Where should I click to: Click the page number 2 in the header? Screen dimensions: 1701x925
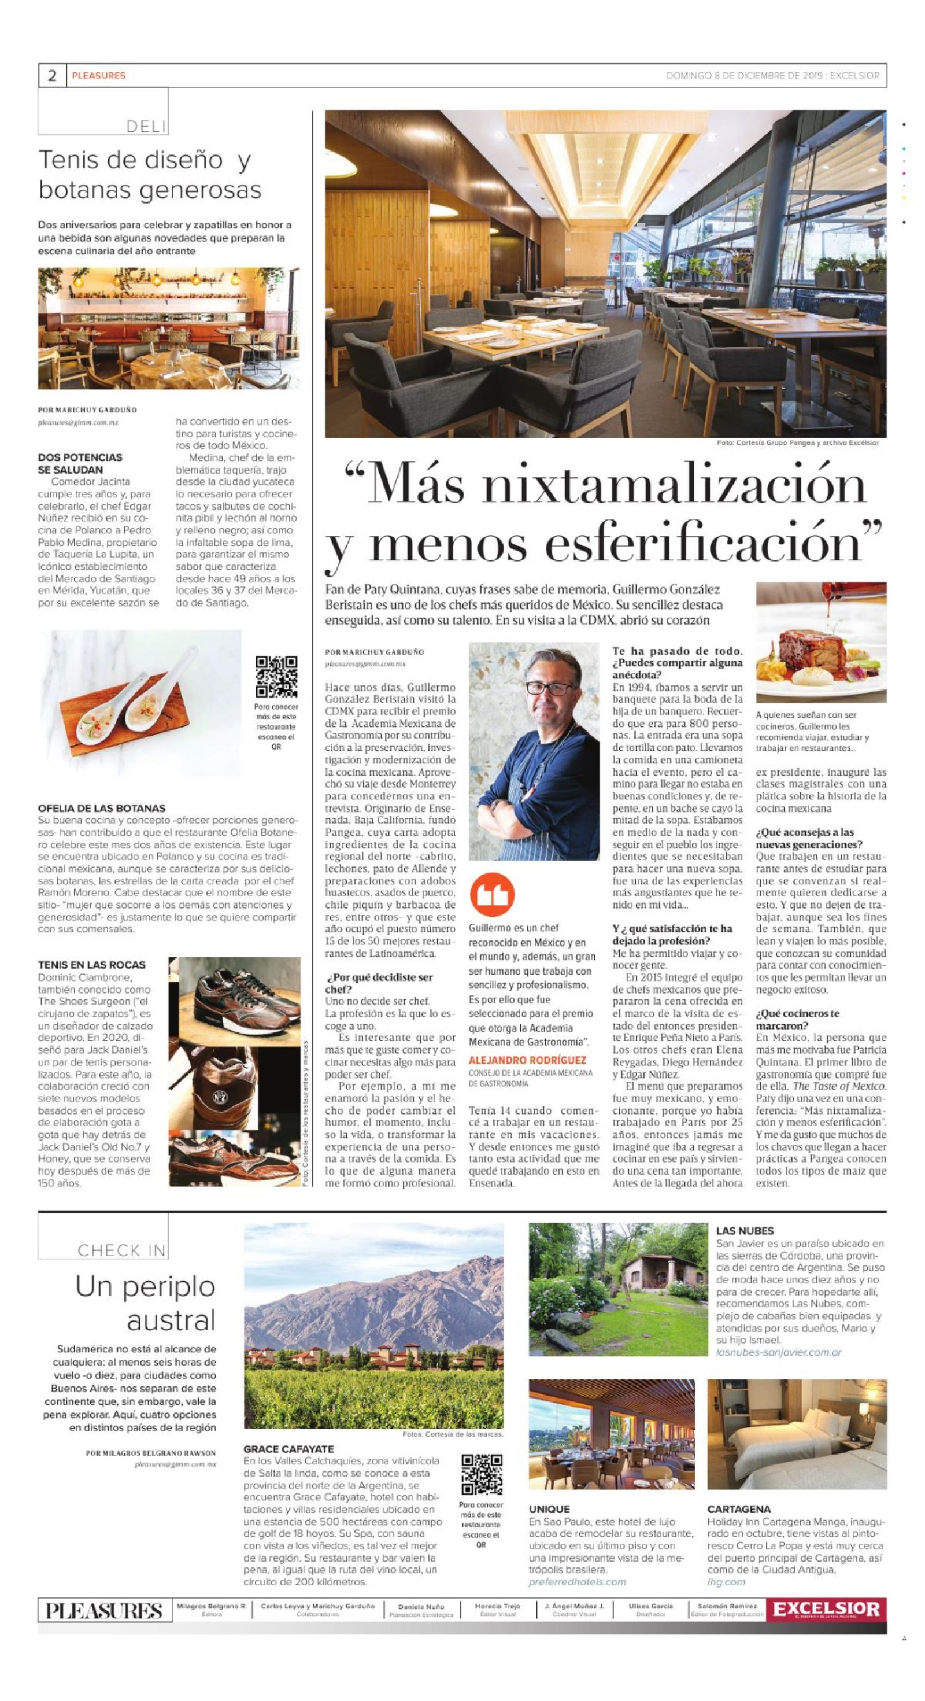(52, 75)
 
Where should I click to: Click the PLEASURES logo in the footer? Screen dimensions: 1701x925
(104, 1611)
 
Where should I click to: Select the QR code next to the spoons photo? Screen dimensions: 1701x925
(276, 677)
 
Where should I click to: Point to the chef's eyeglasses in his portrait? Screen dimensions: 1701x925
(541, 688)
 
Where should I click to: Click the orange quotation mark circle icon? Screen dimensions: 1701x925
(492, 895)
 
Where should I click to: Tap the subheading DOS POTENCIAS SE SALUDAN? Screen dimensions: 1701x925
(80, 463)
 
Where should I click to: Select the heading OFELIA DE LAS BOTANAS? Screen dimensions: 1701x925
(102, 807)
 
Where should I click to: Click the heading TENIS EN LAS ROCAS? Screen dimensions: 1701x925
(92, 965)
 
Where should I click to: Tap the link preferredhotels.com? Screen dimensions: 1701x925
(576, 1581)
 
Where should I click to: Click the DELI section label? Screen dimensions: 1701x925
(146, 126)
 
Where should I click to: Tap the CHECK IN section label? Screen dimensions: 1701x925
(121, 1250)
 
